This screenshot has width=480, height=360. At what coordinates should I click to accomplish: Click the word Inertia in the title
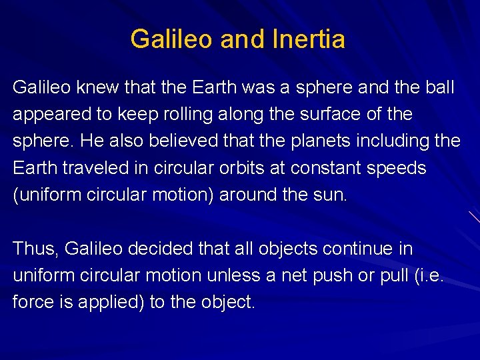309,39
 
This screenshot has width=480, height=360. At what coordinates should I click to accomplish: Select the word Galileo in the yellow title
172,39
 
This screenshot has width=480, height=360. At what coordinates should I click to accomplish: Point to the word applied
109,302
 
